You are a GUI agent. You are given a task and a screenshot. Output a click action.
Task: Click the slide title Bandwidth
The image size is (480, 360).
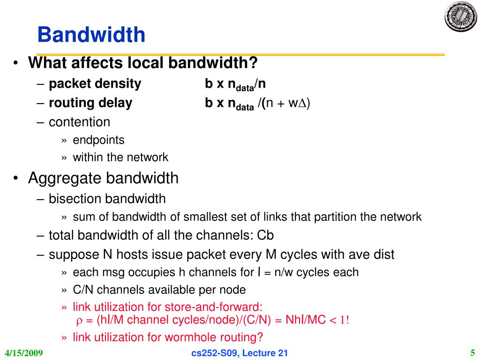[91, 35]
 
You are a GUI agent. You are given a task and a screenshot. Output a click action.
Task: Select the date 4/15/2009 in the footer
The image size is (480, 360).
[24, 353]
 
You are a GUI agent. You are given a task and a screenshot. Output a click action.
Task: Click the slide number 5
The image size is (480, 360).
[472, 352]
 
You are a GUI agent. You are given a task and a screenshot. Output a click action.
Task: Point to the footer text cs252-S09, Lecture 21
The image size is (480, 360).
[240, 353]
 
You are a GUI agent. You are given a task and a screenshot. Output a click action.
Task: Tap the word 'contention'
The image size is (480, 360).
[80, 122]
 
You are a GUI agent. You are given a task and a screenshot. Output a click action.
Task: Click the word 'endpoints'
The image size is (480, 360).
[98, 140]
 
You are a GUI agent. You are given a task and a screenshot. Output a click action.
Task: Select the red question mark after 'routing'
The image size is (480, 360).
[261, 337]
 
